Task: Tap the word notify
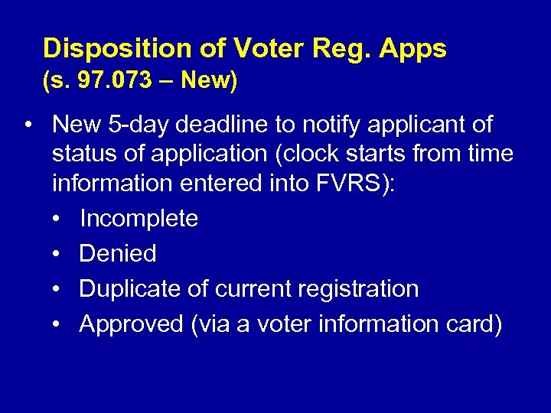coord(347,124)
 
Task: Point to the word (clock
coord(320,154)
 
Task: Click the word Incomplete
coord(139,219)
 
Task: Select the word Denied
coord(118,253)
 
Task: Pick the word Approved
coord(130,324)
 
